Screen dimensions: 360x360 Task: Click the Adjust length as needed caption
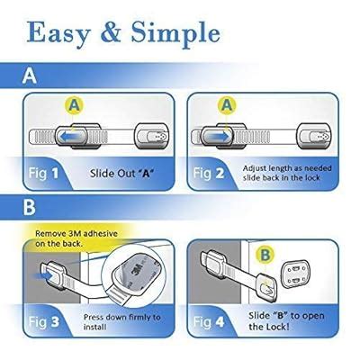(286, 167)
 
